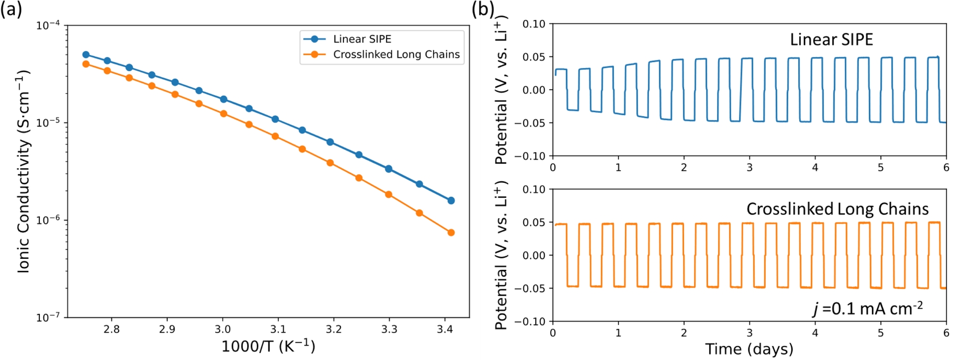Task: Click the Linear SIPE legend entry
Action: point(362,39)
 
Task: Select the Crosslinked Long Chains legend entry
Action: point(396,55)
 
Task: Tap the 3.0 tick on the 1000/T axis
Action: point(223,329)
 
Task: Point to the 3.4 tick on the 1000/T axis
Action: point(445,329)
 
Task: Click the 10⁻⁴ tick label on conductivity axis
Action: point(48,25)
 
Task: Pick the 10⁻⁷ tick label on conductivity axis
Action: point(48,318)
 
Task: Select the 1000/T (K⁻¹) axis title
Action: point(268,346)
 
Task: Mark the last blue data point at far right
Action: point(451,201)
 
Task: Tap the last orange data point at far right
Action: point(451,233)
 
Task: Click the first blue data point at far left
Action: point(86,55)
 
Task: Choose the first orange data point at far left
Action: point(86,64)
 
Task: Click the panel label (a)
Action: point(11,9)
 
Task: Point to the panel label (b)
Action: point(482,9)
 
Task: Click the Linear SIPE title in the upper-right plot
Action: point(831,40)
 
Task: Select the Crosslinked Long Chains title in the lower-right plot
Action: point(837,209)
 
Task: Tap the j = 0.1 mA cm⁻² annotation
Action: point(867,309)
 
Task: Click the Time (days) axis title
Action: point(749,349)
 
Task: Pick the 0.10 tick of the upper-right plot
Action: point(534,24)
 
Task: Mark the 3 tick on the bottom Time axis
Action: point(749,333)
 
